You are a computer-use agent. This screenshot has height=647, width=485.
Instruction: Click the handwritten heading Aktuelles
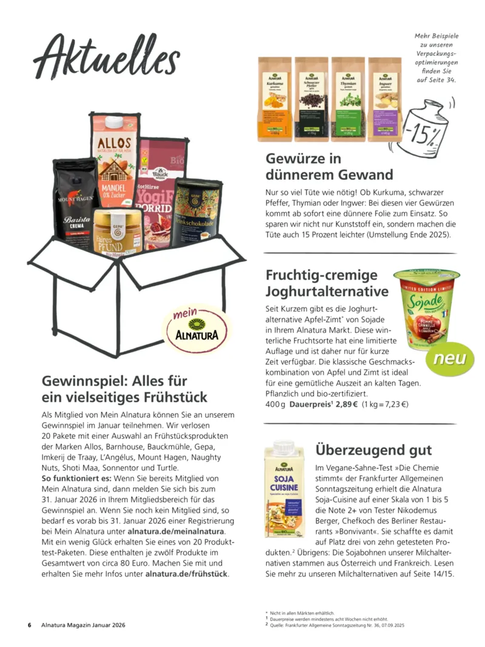click(107, 55)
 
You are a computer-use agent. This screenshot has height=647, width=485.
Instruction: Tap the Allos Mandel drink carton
click(115, 158)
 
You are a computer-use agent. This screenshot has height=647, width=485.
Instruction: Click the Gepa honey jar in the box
click(118, 231)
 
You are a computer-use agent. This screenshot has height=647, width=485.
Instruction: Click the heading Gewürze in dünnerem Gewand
click(329, 167)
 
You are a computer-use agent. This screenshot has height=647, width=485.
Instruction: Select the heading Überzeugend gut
click(373, 449)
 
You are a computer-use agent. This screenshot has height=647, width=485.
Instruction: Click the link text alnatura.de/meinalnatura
click(176, 531)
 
